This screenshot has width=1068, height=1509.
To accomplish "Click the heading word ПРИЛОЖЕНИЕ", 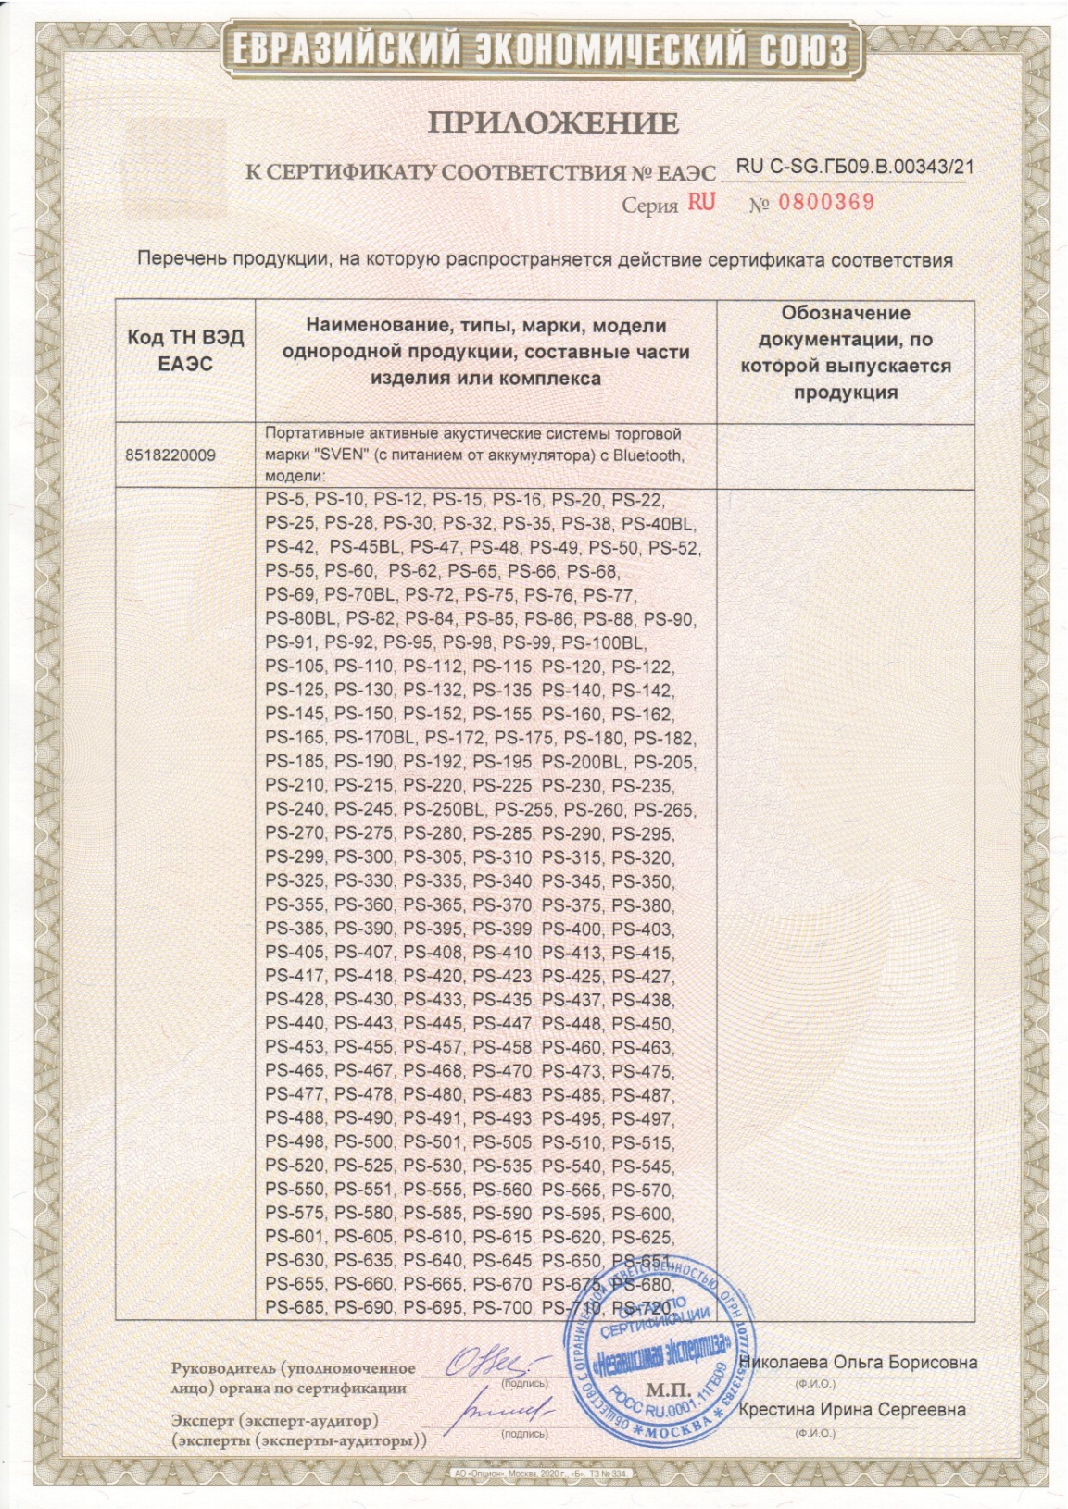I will (x=553, y=123).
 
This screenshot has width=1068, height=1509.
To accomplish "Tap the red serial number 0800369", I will (x=825, y=203).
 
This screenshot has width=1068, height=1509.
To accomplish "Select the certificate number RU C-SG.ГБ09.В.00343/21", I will (x=854, y=168).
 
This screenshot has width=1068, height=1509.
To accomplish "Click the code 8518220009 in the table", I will (x=170, y=455).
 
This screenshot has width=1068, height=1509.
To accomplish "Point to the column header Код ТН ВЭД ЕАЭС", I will (x=185, y=351).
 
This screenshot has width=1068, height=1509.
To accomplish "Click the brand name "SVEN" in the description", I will (x=342, y=455).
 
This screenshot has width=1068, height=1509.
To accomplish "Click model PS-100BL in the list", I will (x=604, y=642).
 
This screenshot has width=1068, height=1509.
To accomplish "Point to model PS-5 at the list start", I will (x=284, y=500).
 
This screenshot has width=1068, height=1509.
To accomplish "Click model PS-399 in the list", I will (x=502, y=929).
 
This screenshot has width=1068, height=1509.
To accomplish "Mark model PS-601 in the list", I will (x=295, y=1238).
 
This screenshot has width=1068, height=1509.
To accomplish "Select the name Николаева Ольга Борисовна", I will (x=858, y=1362).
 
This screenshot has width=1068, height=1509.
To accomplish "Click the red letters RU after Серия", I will (x=701, y=203).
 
